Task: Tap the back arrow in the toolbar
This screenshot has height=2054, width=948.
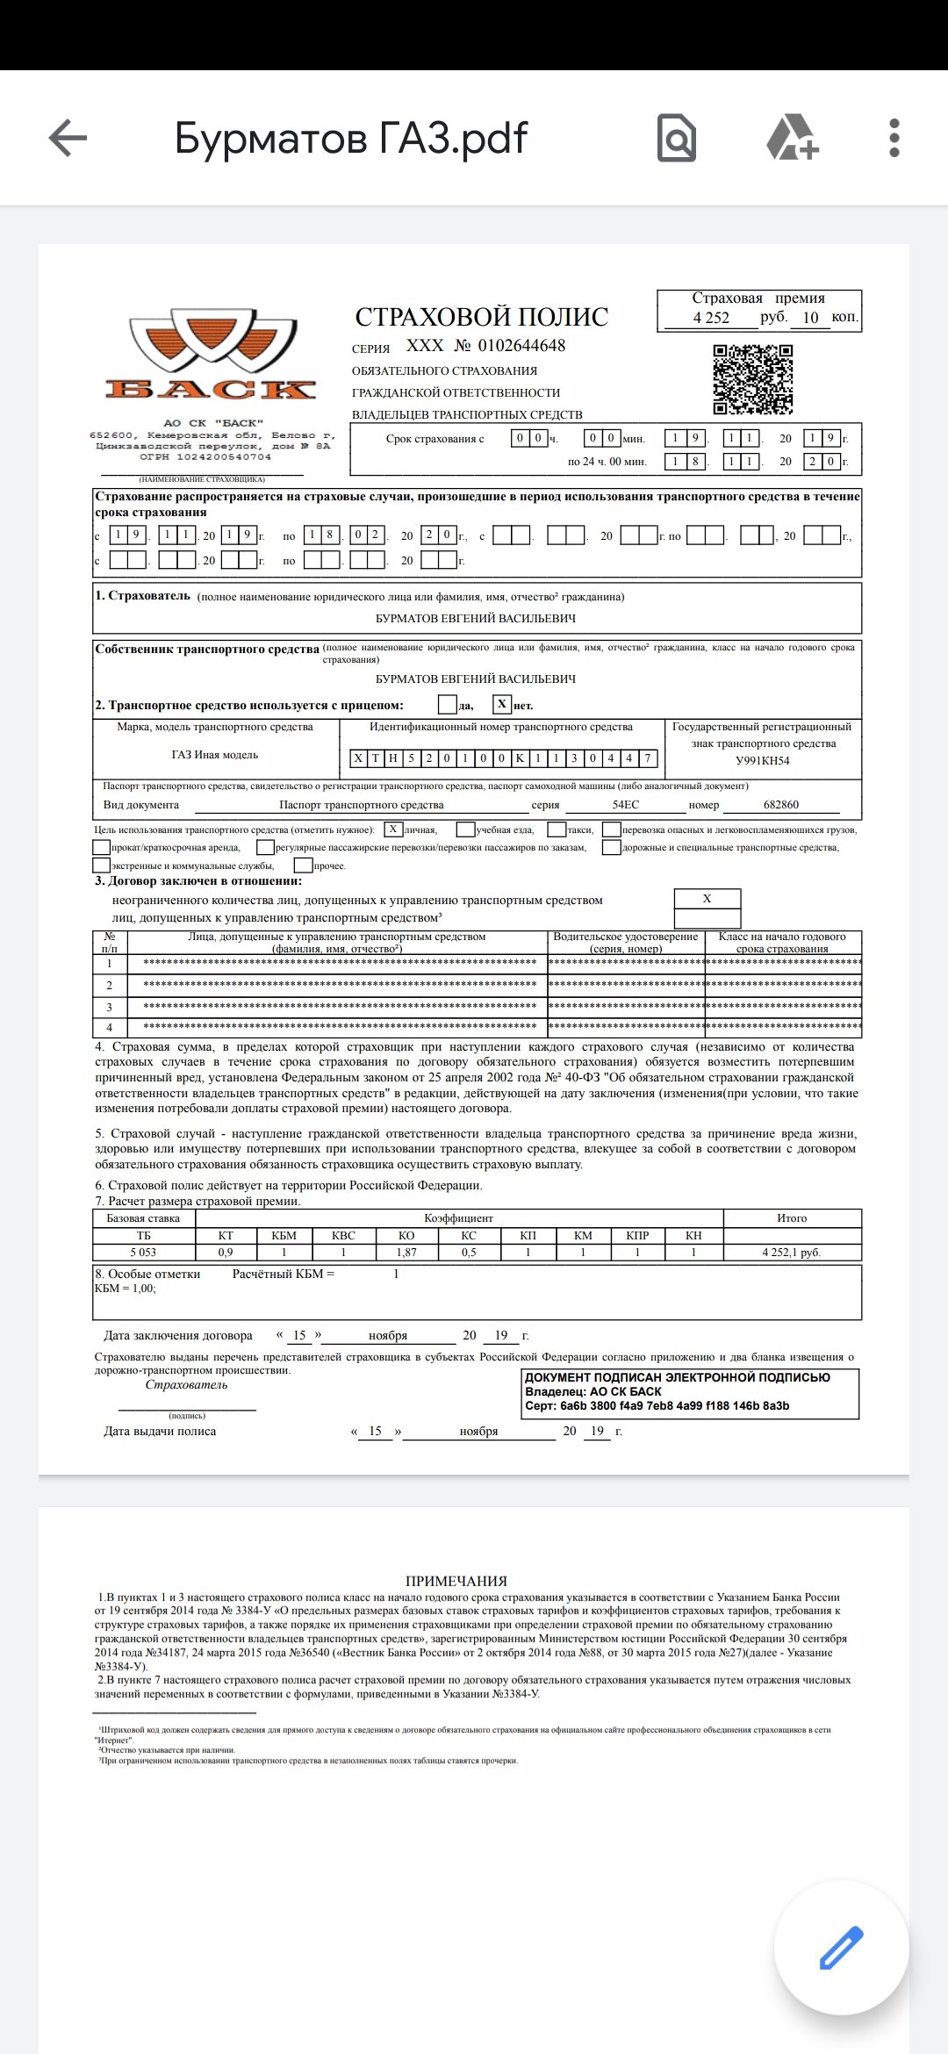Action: (x=68, y=138)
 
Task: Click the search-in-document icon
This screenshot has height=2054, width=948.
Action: (x=677, y=138)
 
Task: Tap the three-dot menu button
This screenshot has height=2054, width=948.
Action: (x=894, y=138)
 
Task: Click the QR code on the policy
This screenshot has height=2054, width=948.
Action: (x=752, y=379)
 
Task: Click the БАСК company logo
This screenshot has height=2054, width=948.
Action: (x=211, y=355)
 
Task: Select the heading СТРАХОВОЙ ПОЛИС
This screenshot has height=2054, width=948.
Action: (x=481, y=317)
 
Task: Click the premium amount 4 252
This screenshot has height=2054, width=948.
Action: (x=711, y=318)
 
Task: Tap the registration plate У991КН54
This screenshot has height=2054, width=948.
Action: (x=763, y=760)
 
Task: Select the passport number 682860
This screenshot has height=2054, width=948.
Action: (x=781, y=805)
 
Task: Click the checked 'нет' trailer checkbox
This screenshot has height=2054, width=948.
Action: (x=501, y=704)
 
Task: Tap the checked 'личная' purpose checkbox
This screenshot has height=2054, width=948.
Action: (x=393, y=829)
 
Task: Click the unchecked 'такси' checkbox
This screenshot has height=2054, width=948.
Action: (x=557, y=829)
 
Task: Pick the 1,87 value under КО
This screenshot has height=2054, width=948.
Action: (x=406, y=1253)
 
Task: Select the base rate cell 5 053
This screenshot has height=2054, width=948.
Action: (x=143, y=1253)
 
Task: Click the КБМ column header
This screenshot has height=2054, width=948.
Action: (x=284, y=1236)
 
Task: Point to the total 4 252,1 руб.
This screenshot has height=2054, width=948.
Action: (x=791, y=1253)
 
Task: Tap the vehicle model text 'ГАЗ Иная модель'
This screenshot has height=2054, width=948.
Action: (x=215, y=755)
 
